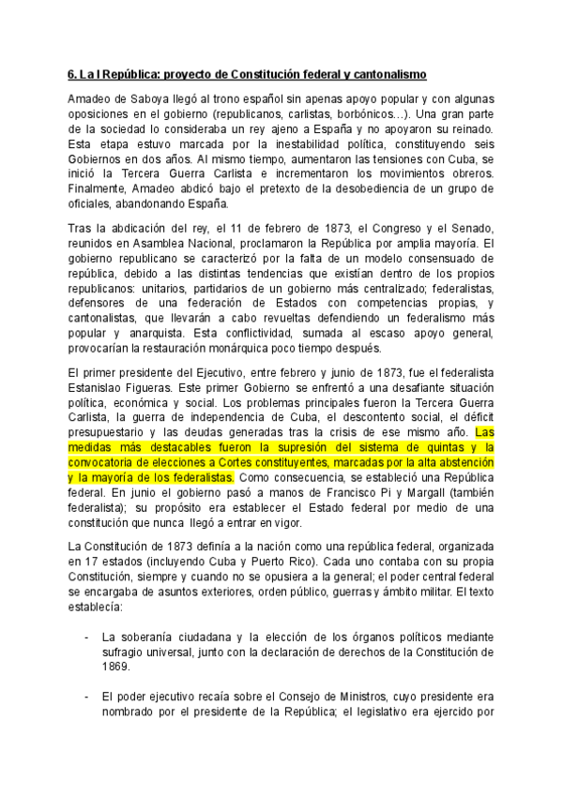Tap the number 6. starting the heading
[x=74, y=71]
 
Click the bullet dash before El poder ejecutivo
[x=86, y=698]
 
